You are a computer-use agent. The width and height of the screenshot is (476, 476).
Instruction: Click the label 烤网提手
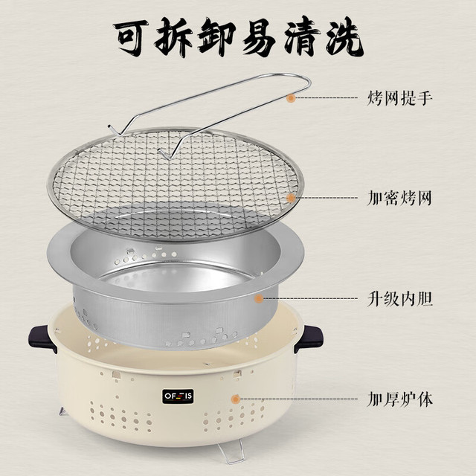pyautogui.click(x=399, y=98)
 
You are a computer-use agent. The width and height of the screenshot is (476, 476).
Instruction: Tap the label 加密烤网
pyautogui.click(x=399, y=198)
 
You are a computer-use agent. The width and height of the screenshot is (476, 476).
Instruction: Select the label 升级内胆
pyautogui.click(x=399, y=299)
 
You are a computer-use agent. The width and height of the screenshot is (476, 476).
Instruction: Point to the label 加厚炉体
pyautogui.click(x=399, y=399)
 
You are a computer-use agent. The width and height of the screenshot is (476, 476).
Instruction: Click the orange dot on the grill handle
pyautogui.click(x=291, y=98)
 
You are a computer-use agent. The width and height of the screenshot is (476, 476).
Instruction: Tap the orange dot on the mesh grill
pyautogui.click(x=291, y=198)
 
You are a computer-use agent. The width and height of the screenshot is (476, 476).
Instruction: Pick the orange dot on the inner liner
pyautogui.click(x=259, y=298)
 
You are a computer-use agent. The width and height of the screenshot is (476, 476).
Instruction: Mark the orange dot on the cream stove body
pyautogui.click(x=235, y=399)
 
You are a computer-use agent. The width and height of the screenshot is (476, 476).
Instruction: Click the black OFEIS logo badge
pyautogui.click(x=178, y=396)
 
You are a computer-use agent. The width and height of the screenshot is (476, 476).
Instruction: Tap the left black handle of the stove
pyautogui.click(x=42, y=338)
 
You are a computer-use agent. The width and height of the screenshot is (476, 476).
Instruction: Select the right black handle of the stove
pyautogui.click(x=309, y=338)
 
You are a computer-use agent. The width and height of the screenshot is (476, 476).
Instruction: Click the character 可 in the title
pyautogui.click(x=132, y=38)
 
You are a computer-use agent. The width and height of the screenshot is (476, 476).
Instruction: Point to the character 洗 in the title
pyautogui.click(x=345, y=37)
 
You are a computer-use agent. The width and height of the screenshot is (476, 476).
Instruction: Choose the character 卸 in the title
pyautogui.click(x=216, y=38)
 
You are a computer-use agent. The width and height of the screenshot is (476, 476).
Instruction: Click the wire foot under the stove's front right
pyautogui.click(x=232, y=452)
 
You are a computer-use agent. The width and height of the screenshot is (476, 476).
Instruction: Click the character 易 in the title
pyautogui.click(x=259, y=38)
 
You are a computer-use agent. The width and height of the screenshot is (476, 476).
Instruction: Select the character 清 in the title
pyautogui.click(x=302, y=38)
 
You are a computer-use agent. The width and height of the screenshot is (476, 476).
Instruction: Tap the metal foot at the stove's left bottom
pyautogui.click(x=62, y=411)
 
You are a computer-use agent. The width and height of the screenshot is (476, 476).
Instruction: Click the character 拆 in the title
pyautogui.click(x=173, y=38)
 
